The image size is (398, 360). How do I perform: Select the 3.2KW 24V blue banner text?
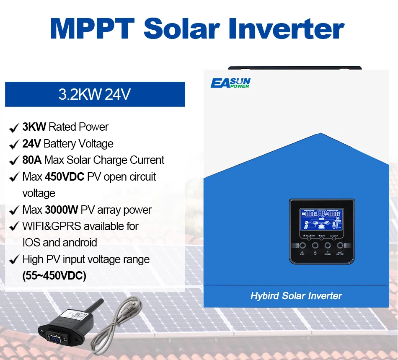click(95, 94)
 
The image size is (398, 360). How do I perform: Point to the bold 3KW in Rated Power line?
click(34, 127)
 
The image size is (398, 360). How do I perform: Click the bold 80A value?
click(32, 160)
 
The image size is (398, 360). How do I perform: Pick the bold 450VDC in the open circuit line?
click(65, 177)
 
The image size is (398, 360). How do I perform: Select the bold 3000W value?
click(62, 210)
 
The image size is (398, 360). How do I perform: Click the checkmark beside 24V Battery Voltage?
click(13, 144)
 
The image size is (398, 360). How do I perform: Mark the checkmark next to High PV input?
click(13, 260)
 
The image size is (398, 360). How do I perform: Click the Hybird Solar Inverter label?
click(296, 296)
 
